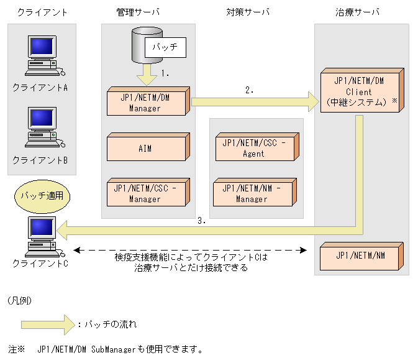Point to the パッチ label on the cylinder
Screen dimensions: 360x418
click(x=165, y=47)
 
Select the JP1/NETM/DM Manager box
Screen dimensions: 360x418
click(x=145, y=102)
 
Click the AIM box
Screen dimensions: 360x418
click(x=145, y=148)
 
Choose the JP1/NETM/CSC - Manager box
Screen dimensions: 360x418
click(x=145, y=193)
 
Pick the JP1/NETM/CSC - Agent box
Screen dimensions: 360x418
click(x=253, y=148)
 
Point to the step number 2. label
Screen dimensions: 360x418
click(x=250, y=90)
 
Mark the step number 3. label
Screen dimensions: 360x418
click(x=201, y=220)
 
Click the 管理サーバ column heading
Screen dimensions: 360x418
click(x=137, y=12)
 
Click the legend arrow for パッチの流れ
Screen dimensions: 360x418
click(x=47, y=324)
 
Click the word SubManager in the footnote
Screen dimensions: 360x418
click(x=114, y=349)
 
